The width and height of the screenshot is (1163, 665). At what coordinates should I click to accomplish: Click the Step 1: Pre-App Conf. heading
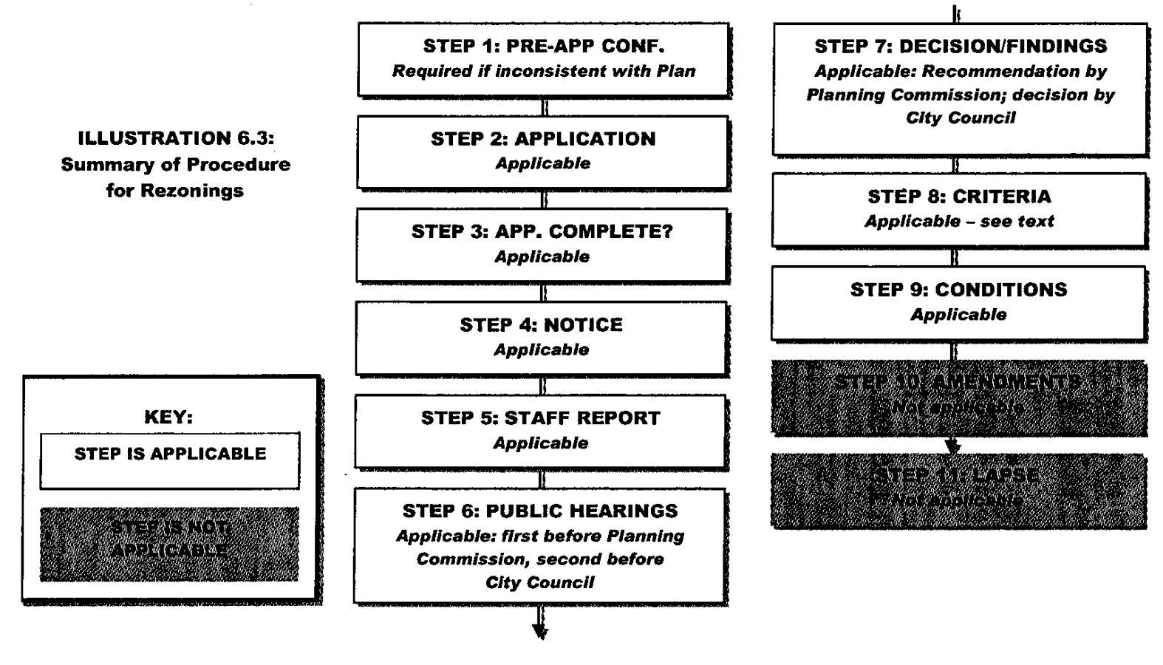coord(543,46)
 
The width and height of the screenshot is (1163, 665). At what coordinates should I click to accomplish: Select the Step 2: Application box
coord(543,151)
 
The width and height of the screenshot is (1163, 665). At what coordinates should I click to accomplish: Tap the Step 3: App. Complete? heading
coord(542,231)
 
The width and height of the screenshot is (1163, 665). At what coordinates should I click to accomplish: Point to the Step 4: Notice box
coord(542,338)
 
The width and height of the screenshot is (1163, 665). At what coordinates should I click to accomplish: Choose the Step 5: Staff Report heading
coord(541,417)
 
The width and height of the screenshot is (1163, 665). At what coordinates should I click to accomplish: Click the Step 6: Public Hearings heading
coord(540,511)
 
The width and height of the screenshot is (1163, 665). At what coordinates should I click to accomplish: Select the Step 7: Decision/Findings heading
coord(961,46)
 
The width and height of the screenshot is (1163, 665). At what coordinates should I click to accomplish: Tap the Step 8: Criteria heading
coord(959,197)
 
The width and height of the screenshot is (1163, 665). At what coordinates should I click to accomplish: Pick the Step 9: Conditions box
coord(958,302)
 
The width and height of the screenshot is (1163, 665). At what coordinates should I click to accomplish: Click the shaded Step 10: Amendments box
coord(958,398)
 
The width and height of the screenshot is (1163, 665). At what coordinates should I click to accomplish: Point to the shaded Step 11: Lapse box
coord(958,491)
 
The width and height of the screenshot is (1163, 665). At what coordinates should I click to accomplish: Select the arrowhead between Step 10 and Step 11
coord(953,446)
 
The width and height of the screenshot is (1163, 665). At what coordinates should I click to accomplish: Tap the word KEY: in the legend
coord(168,417)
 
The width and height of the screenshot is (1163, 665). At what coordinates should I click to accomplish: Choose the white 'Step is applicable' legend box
coord(170,460)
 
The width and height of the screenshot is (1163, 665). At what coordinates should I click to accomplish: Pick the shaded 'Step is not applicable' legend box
coord(170,543)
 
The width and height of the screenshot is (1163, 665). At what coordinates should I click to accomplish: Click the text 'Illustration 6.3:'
coord(176,138)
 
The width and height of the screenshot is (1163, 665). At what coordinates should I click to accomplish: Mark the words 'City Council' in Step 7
coord(961,117)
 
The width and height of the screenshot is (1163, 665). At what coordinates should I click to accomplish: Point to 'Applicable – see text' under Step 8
coord(959,221)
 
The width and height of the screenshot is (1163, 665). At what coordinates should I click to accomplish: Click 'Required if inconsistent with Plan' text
coord(543,71)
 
